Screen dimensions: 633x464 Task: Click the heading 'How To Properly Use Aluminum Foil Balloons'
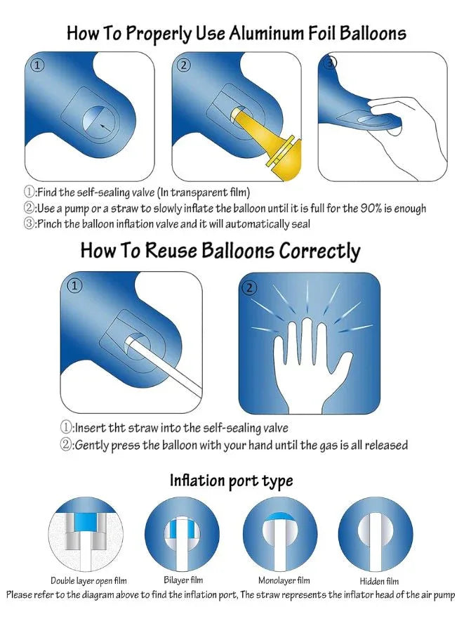(x=236, y=32)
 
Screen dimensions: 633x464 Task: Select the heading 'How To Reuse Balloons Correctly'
(x=220, y=251)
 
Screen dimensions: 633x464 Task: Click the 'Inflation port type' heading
(x=231, y=481)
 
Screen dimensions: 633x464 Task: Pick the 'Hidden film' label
(x=379, y=581)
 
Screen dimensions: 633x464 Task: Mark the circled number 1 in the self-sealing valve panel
(x=38, y=66)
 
